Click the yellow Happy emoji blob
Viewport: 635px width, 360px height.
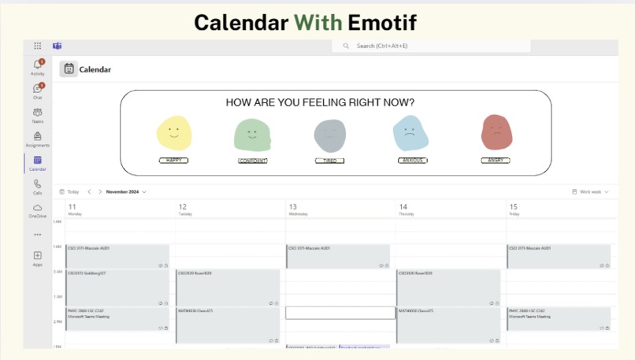(174, 132)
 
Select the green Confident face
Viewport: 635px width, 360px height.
(252, 134)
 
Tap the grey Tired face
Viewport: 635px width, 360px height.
(329, 135)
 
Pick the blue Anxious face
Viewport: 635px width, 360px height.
(410, 132)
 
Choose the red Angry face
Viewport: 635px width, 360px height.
(496, 132)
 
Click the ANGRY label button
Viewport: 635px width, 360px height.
(496, 161)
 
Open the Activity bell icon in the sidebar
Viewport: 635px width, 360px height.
(37, 65)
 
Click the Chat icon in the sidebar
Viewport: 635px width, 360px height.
(37, 89)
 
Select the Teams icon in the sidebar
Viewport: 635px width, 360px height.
(37, 113)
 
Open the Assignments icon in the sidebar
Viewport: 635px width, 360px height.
(37, 136)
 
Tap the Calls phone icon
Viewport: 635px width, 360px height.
(37, 184)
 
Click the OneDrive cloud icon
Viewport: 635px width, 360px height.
(37, 207)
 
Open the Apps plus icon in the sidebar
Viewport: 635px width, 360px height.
(37, 255)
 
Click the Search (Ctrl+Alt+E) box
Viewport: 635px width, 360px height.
(431, 46)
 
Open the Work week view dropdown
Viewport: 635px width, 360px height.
(591, 191)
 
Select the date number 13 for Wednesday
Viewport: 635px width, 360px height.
(293, 207)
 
